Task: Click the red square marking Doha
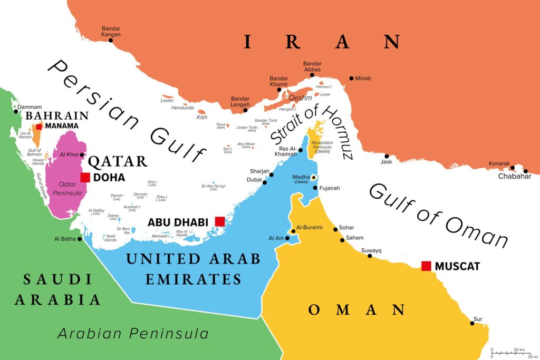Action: [84, 178]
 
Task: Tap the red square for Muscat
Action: [427, 266]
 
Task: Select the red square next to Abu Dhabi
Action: [219, 221]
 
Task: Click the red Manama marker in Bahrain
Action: [39, 127]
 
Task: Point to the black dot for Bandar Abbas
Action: [312, 75]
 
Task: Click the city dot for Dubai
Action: [265, 182]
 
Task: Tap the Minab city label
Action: [363, 79]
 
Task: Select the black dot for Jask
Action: [387, 156]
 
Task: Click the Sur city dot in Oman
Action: [472, 325]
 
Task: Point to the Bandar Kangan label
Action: [111, 31]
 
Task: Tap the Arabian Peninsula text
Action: [133, 333]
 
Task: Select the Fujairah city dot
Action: [315, 188]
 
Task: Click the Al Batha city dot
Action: [80, 239]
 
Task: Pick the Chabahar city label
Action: [513, 177]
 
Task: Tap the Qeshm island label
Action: [301, 98]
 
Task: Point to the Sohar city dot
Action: [335, 229]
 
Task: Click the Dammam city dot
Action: [15, 111]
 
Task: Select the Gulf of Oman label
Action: [438, 213]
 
